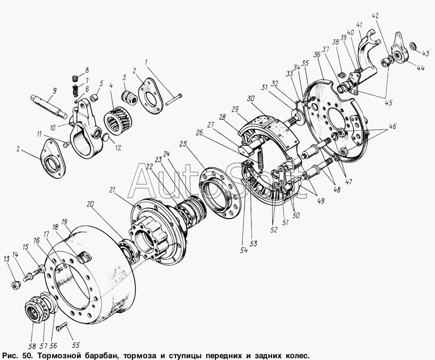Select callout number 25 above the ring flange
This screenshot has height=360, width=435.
coord(183,145)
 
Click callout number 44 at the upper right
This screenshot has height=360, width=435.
coord(421,68)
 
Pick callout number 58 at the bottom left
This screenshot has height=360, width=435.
coord(32,347)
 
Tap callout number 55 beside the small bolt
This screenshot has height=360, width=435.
coord(76,345)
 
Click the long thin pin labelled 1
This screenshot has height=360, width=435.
coord(174,100)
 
